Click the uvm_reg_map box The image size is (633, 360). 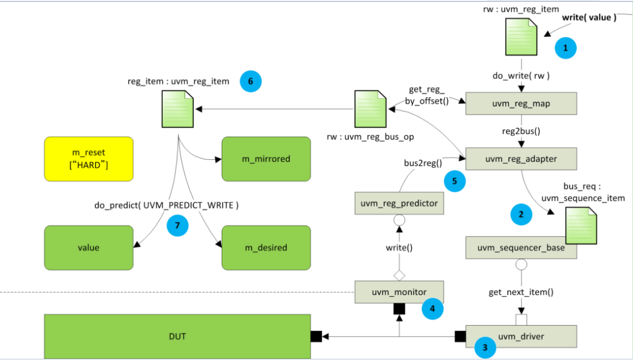pos(521,103)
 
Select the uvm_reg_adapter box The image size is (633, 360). pos(521,159)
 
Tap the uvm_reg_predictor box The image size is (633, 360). pos(399,203)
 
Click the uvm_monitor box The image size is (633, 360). pos(399,292)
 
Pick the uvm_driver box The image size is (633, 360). pos(521,336)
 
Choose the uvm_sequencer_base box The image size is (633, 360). pos(521,247)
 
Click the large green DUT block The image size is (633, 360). pos(177,336)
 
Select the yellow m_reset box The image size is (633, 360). pos(89,159)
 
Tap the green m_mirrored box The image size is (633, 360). pos(266,159)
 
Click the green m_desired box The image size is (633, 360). pos(266,247)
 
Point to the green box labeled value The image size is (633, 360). pos(89,247)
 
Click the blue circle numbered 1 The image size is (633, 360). pos(565,48)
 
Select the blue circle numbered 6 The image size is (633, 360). pos(250,81)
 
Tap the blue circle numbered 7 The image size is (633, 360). pos(178,225)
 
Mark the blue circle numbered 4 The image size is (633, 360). pos(432,309)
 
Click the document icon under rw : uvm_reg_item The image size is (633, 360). pos(521,37)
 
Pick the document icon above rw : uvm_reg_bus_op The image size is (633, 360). pos(370,109)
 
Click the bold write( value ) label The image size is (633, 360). pos(590,17)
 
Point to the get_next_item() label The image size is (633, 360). pos(521,292)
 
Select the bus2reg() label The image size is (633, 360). pos(423,163)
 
